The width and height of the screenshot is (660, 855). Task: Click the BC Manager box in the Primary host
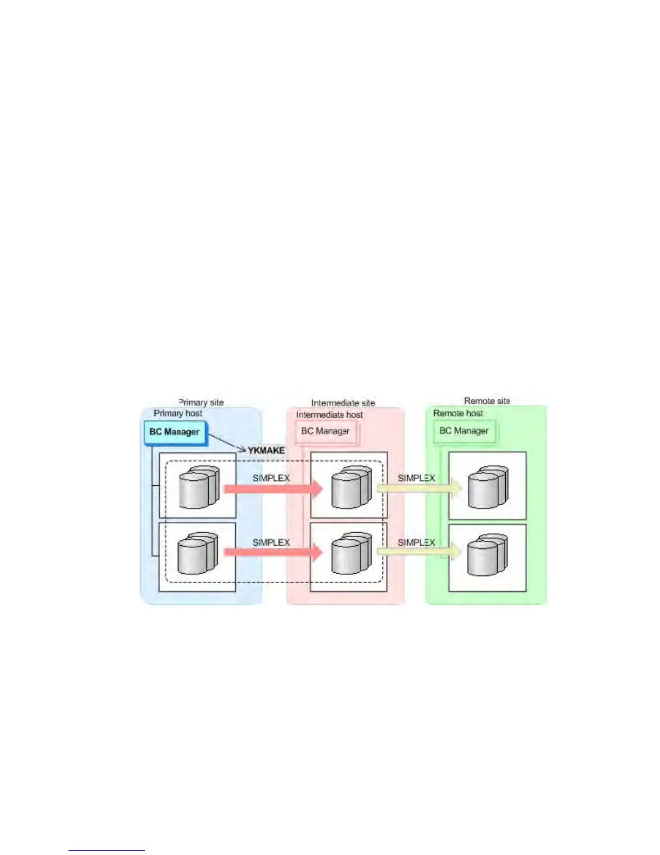tap(175, 432)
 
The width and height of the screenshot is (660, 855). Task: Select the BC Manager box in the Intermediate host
tap(325, 431)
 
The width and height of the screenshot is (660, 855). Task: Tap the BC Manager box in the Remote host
tap(464, 431)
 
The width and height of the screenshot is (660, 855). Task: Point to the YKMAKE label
tap(266, 450)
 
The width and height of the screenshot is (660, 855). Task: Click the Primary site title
tap(201, 402)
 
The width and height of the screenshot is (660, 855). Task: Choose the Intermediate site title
tap(343, 403)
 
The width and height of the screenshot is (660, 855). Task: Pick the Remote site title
tap(487, 401)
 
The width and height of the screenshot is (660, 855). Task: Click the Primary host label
tap(178, 413)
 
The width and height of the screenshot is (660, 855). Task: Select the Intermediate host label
tap(329, 415)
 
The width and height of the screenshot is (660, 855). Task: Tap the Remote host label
tap(458, 413)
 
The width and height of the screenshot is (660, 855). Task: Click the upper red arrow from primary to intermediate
tap(273, 489)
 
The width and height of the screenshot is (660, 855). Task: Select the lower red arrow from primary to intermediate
tap(273, 552)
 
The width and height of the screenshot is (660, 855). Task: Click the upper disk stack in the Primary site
tap(199, 487)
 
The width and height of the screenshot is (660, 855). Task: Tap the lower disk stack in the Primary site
tap(198, 554)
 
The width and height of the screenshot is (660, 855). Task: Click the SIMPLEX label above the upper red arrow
tap(271, 478)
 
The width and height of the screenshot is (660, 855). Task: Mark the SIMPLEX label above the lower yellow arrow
tap(416, 542)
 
